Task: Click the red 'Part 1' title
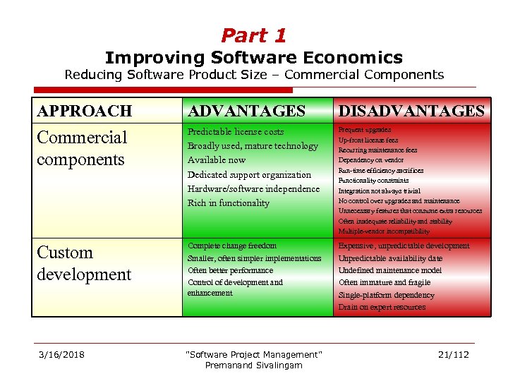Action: [253, 35]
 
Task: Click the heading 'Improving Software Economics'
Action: [253, 57]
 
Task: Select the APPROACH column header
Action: [84, 111]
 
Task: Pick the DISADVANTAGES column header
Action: [411, 111]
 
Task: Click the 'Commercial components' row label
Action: [81, 148]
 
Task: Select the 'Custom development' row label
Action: [84, 263]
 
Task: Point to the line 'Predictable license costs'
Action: [236, 132]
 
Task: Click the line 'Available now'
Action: [217, 160]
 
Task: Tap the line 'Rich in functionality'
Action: [229, 203]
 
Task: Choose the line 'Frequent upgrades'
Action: [365, 130]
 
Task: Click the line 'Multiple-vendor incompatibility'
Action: [384, 231]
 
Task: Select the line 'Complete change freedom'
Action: [232, 246]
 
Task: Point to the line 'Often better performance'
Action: [230, 270]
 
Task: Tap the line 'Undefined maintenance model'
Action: [390, 270]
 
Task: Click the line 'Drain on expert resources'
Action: [382, 307]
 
